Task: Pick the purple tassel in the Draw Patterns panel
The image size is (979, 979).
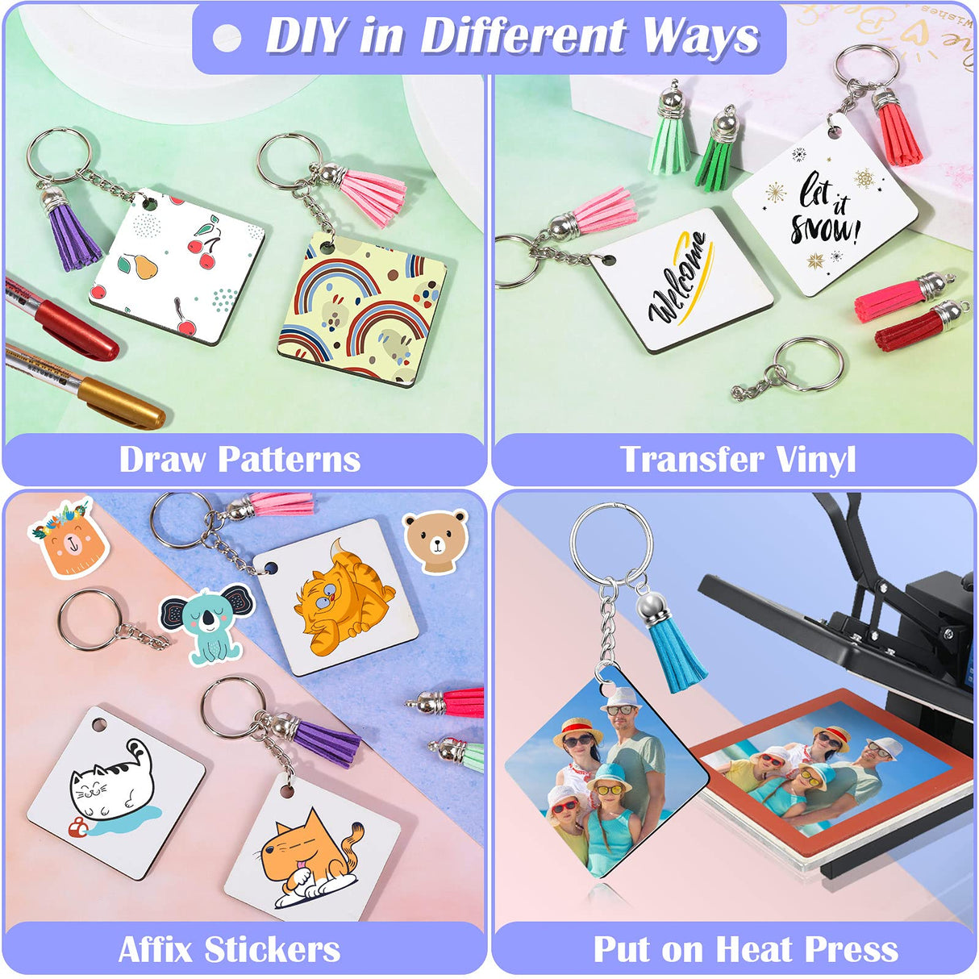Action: click(x=73, y=234)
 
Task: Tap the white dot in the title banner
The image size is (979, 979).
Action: click(x=227, y=38)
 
